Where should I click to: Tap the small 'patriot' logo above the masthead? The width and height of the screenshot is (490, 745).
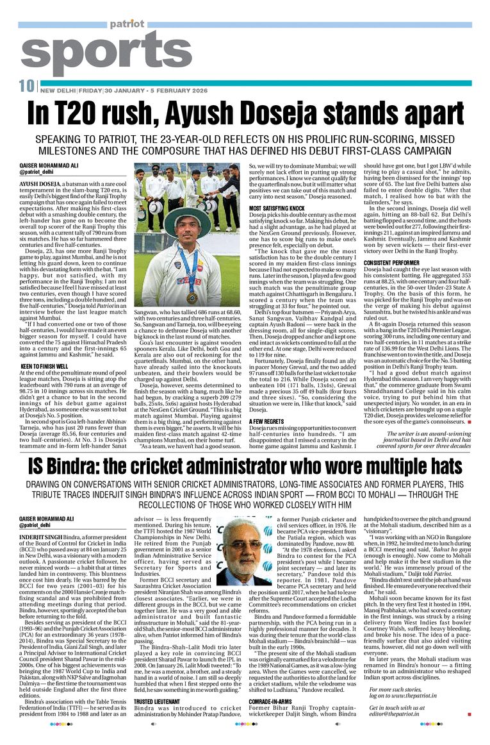pyautogui.click(x=126, y=24)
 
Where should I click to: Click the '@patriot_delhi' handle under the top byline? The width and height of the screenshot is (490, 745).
pyautogui.click(x=37, y=173)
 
